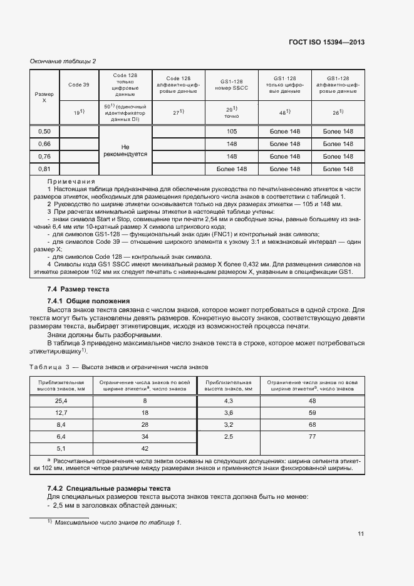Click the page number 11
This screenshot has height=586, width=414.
361,534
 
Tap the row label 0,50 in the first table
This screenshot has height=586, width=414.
44,132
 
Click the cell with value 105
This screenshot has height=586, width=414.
232,132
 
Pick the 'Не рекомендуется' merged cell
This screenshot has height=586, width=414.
125,150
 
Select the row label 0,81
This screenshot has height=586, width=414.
44,169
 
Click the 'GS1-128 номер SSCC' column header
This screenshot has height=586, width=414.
232,85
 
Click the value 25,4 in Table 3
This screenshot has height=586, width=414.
61,400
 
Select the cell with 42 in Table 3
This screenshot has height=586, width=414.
145,448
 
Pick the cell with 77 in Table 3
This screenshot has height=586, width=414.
313,436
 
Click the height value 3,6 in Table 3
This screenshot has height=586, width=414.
229,412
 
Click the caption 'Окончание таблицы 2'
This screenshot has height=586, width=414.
63,61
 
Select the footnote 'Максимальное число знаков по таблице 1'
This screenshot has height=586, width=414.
117,522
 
